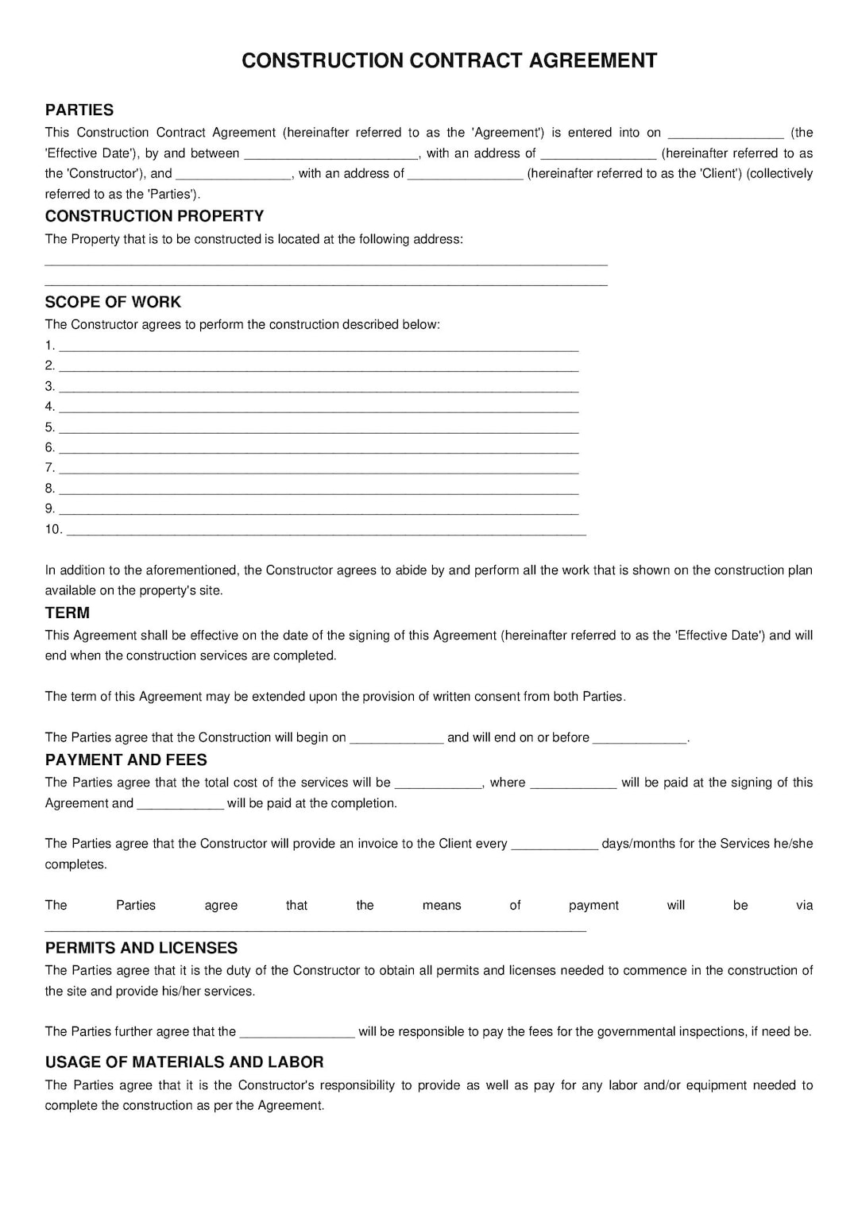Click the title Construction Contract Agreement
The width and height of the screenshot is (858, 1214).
(449, 61)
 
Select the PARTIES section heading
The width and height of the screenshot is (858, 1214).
(79, 110)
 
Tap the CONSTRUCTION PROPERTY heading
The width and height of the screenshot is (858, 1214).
(154, 216)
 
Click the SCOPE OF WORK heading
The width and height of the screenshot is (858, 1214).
(113, 302)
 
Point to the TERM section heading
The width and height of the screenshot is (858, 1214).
(68, 613)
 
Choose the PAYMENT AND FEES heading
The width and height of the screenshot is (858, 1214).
(126, 760)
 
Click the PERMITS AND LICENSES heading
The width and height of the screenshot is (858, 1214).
(141, 948)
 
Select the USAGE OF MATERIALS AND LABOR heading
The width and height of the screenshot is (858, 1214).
(184, 1062)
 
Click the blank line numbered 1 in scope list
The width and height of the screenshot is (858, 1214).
(319, 347)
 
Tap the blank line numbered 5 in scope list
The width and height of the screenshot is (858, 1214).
(319, 429)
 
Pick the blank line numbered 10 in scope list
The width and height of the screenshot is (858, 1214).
(326, 532)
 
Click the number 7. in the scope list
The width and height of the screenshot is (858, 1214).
(50, 468)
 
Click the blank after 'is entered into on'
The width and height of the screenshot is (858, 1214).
(725, 134)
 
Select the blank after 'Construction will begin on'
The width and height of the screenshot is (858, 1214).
(396, 739)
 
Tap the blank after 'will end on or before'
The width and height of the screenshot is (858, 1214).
(640, 739)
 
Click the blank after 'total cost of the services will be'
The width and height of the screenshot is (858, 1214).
(439, 784)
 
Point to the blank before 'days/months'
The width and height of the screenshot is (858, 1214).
(555, 845)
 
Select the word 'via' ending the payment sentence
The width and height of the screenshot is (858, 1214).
(804, 905)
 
